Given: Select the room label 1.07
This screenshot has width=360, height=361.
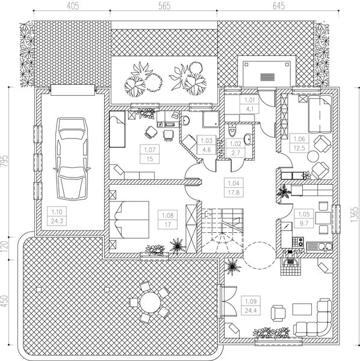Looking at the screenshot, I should (x=150, y=149).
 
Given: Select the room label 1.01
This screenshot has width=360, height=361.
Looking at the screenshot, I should (x=249, y=100).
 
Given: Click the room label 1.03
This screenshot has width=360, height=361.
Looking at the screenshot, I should (x=204, y=140).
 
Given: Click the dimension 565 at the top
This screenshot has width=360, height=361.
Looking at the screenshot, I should (x=163, y=7).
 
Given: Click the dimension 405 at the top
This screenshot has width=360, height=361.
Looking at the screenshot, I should (x=71, y=7).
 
